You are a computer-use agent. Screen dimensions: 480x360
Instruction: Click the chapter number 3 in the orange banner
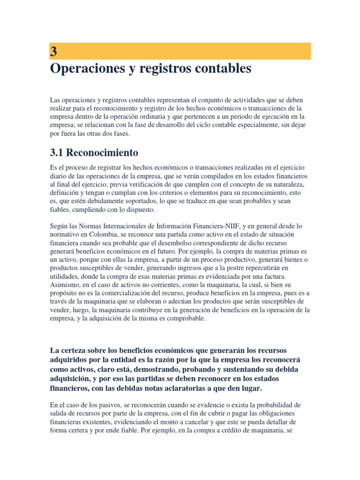point(53,51)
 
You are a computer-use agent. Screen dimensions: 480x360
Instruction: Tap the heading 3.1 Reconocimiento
point(94,153)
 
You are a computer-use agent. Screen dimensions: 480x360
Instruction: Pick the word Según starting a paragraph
point(58,225)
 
